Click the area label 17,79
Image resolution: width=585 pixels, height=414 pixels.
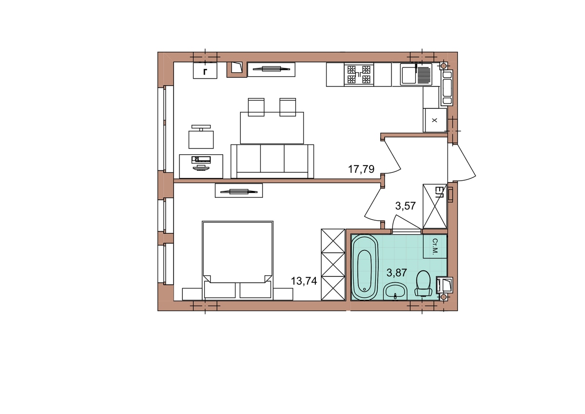pyautogui.click(x=361, y=169)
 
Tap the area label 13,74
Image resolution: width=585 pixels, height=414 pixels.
pyautogui.click(x=304, y=281)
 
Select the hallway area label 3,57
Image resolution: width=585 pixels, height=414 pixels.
pyautogui.click(x=405, y=206)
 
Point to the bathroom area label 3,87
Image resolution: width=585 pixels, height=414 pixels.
pyautogui.click(x=396, y=273)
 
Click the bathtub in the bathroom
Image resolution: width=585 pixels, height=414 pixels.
pyautogui.click(x=365, y=267)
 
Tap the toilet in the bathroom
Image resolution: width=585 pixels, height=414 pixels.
pyautogui.click(x=423, y=284)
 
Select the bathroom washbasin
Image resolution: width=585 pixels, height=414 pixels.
pyautogui.click(x=395, y=291)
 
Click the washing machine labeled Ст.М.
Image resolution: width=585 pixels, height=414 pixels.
pyautogui.click(x=435, y=247)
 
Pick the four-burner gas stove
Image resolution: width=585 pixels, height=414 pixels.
pyautogui.click(x=359, y=75)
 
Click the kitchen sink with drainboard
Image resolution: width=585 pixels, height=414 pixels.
pyautogui.click(x=416, y=75)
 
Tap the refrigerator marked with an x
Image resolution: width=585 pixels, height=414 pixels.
pyautogui.click(x=434, y=120)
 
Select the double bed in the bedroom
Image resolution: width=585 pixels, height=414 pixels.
pyautogui.click(x=237, y=260)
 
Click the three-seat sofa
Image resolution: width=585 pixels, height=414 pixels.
pyautogui.click(x=272, y=161)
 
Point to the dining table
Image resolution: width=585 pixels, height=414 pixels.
pyautogui.click(x=272, y=128)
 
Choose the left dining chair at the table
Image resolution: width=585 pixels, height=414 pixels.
pyautogui.click(x=256, y=107)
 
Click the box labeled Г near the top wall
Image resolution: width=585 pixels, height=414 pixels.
pyautogui.click(x=205, y=71)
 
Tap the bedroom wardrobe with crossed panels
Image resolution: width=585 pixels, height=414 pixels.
pyautogui.click(x=333, y=265)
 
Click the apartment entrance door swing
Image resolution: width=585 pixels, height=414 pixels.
pyautogui.click(x=462, y=162)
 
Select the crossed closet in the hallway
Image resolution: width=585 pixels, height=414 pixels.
pyautogui.click(x=435, y=207)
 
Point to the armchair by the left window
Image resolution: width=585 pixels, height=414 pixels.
pyautogui.click(x=201, y=137)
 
